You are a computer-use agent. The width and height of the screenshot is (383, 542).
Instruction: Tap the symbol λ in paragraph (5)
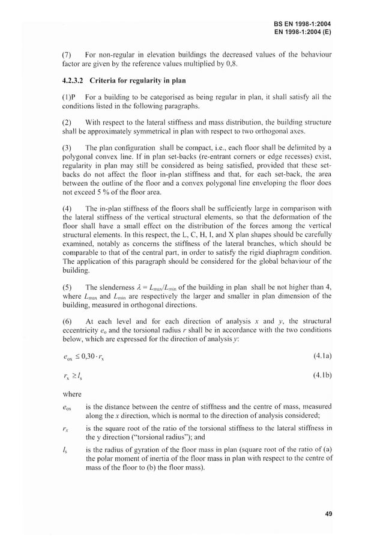pos(142,287)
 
